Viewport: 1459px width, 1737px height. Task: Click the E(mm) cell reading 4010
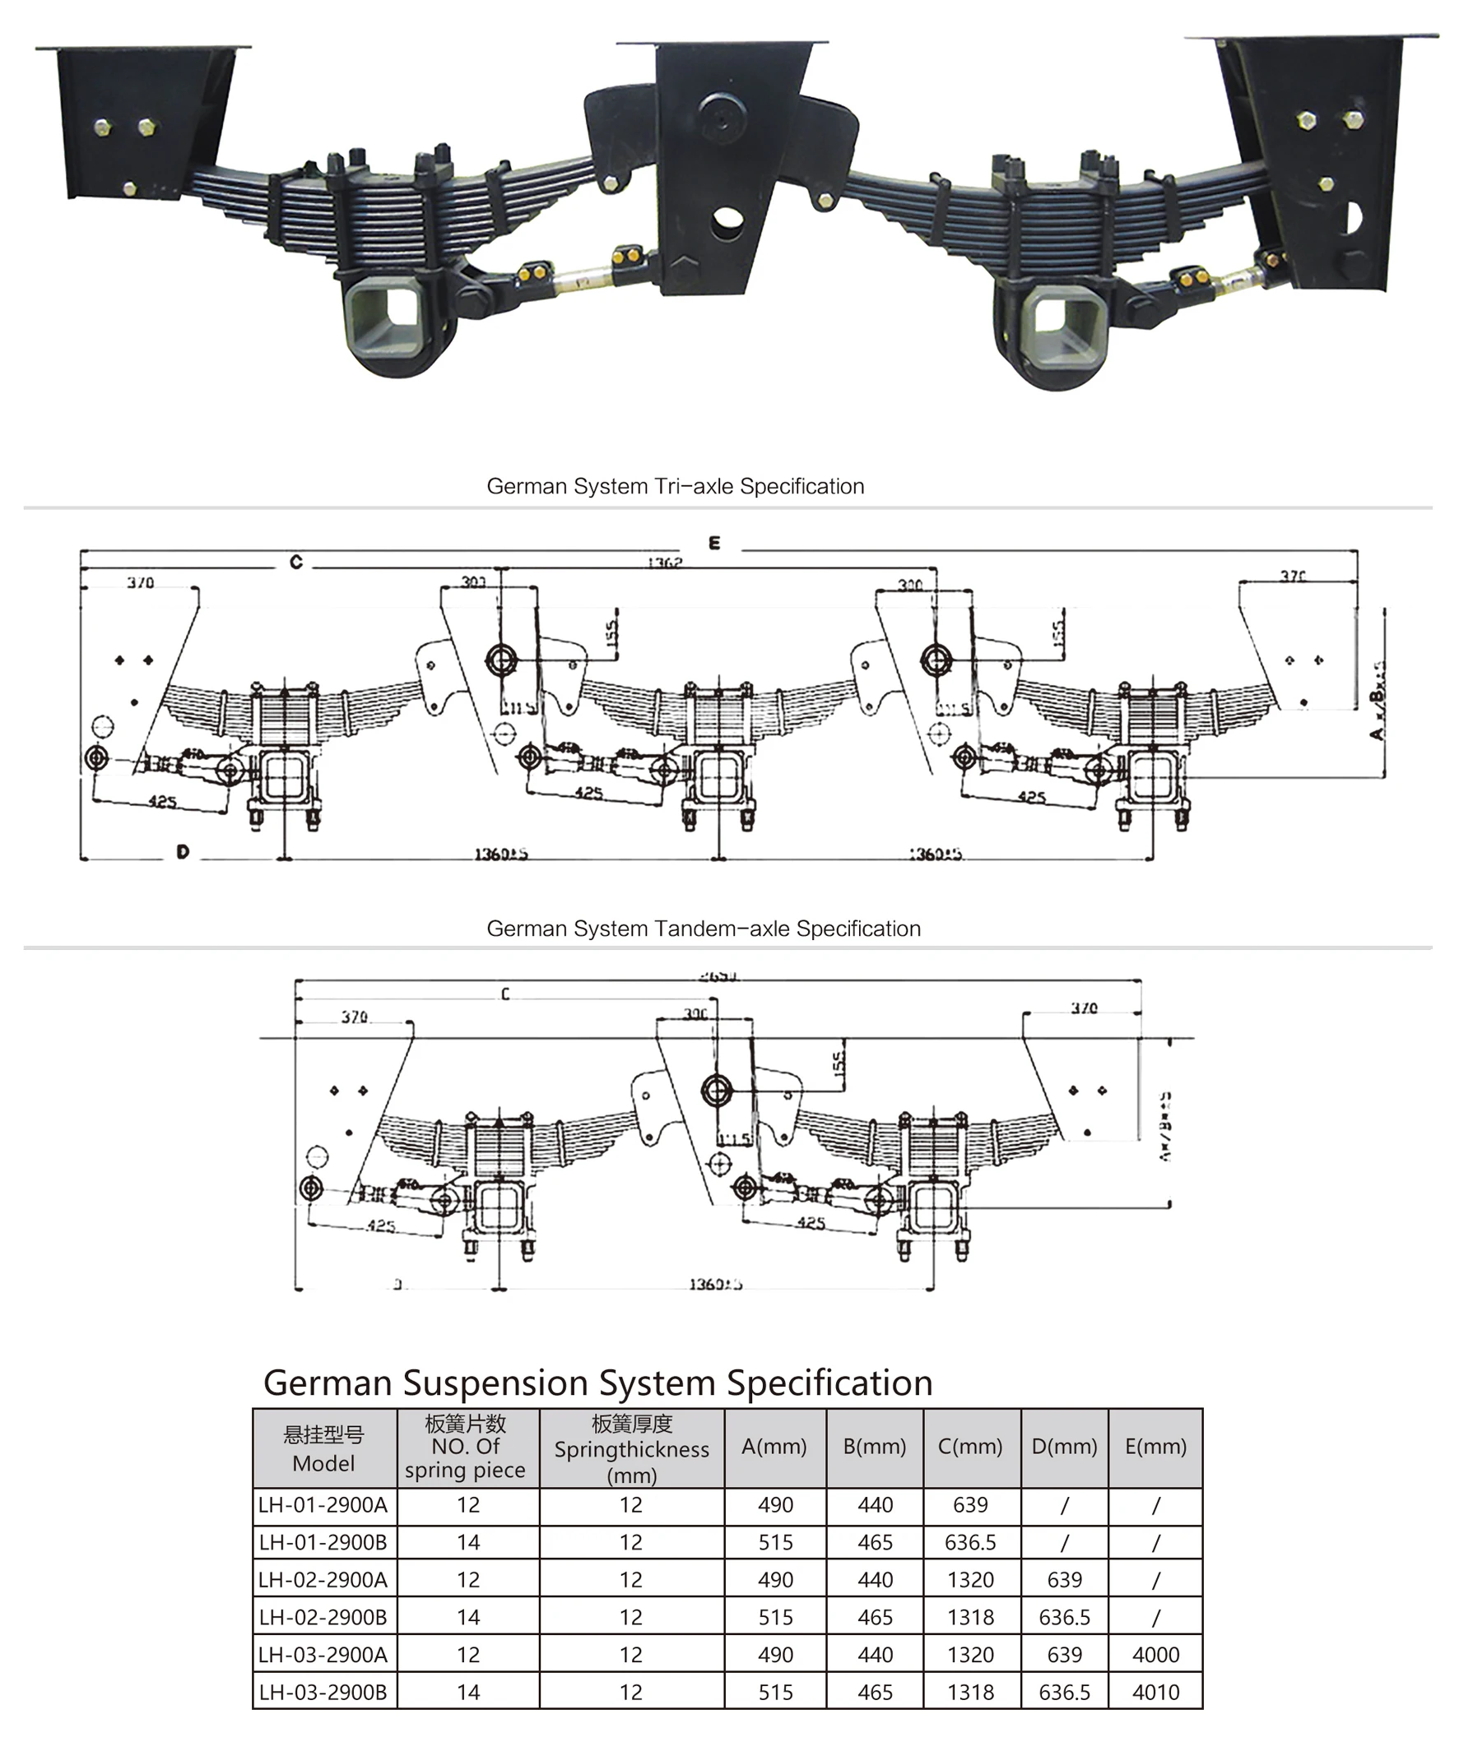coord(1155,1693)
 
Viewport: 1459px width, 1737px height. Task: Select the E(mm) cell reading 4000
coord(1155,1654)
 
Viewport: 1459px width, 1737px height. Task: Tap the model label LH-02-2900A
coord(323,1580)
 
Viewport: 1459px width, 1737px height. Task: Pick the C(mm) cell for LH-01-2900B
coord(970,1543)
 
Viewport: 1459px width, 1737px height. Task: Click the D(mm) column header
coord(1064,1447)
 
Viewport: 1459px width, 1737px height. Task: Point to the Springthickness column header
coord(631,1449)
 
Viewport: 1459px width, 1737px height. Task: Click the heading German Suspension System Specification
coord(597,1383)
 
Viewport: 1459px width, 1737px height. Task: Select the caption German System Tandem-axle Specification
coord(703,928)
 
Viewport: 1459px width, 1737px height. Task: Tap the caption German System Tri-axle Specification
coord(676,485)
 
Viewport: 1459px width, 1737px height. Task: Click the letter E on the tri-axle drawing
coord(714,544)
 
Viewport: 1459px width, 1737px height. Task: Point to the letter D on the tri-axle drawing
coord(183,852)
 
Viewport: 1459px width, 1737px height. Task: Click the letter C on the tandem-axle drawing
coord(505,994)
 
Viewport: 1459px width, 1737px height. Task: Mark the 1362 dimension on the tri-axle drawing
coord(665,563)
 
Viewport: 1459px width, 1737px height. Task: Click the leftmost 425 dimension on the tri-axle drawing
coord(162,801)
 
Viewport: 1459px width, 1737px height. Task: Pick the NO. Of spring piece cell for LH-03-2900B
coord(467,1693)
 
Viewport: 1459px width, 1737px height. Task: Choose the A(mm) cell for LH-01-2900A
coord(774,1504)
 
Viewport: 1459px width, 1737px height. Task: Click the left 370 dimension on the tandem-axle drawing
coord(354,1017)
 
